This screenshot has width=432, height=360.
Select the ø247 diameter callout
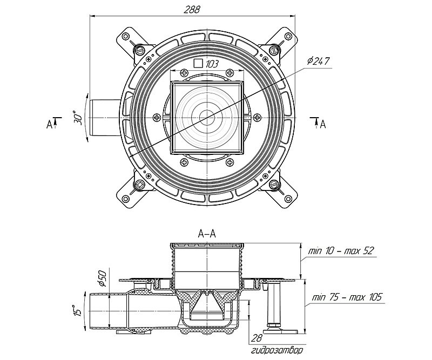318,61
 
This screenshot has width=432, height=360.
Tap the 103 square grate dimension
212,64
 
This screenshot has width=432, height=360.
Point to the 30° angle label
77,118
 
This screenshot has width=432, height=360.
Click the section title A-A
207,233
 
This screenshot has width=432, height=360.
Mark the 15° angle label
77,311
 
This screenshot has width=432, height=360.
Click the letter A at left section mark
49,125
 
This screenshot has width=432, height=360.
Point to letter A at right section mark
323,125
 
